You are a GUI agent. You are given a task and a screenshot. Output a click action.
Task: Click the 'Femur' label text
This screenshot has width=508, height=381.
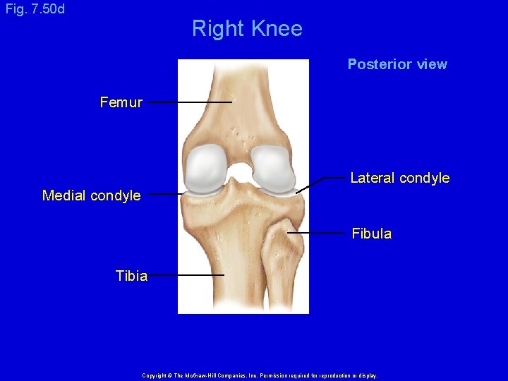tap(121, 103)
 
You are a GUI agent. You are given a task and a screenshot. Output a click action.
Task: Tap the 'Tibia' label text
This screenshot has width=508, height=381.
tap(132, 276)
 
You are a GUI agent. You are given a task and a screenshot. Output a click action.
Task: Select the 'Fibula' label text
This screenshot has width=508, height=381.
tap(372, 234)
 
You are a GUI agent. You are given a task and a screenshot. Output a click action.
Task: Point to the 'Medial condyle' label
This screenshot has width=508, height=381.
tap(92, 195)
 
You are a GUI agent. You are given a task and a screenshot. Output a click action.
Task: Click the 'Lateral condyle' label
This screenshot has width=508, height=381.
tap(400, 178)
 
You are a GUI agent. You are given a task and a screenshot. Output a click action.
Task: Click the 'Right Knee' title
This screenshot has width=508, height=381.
tap(247, 29)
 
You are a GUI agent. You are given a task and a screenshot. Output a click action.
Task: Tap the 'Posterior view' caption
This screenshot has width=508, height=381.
tap(397, 64)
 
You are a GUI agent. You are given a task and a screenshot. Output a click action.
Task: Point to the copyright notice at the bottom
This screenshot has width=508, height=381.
tap(260, 375)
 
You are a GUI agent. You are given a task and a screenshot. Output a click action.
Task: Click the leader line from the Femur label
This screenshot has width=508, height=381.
tap(190, 102)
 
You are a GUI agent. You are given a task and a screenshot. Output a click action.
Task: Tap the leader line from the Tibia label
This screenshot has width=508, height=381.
tap(186, 274)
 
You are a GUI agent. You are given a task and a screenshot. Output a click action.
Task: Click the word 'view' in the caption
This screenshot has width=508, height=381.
tap(432, 64)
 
